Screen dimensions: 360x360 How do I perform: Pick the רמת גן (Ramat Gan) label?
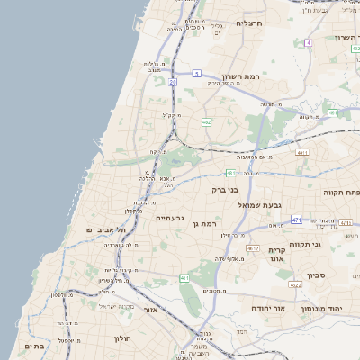pyautogui.click(x=206, y=221)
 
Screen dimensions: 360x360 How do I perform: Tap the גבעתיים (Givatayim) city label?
pyautogui.click(x=170, y=218)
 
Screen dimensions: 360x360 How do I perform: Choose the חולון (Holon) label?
pyautogui.click(x=122, y=338)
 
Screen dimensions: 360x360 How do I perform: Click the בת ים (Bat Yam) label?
pyautogui.click(x=34, y=346)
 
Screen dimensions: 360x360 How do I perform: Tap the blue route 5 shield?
pyautogui.click(x=196, y=74)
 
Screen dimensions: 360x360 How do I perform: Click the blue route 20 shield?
pyautogui.click(x=172, y=81)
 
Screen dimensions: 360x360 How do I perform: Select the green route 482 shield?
pyautogui.click(x=206, y=122)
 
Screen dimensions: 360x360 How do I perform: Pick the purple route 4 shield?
pyautogui.click(x=308, y=42)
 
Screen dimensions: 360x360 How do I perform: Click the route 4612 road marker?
pyautogui.click(x=253, y=248)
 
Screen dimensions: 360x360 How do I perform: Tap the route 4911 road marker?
pyautogui.click(x=301, y=154)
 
